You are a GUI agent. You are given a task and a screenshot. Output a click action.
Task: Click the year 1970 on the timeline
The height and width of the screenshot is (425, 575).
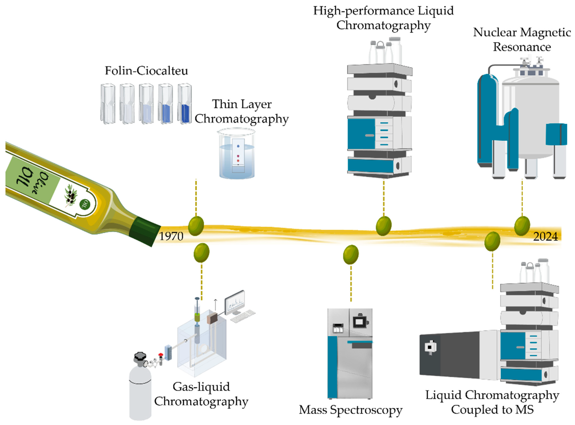[171, 236]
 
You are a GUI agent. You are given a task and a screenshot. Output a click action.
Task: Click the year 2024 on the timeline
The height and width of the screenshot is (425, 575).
[545, 236]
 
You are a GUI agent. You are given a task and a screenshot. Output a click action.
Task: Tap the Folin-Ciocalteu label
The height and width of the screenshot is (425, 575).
[146, 71]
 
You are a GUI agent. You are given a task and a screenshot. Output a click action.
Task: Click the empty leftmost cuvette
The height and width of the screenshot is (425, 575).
[108, 104]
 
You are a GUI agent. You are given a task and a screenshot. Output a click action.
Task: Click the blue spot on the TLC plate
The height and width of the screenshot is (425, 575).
[238, 146]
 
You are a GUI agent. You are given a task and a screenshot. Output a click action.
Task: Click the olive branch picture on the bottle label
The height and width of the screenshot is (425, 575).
[71, 195]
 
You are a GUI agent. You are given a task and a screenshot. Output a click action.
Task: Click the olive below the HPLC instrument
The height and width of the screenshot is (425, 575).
[384, 226]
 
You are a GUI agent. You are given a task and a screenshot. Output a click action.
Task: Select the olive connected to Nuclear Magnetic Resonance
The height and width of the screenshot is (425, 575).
[522, 226]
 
